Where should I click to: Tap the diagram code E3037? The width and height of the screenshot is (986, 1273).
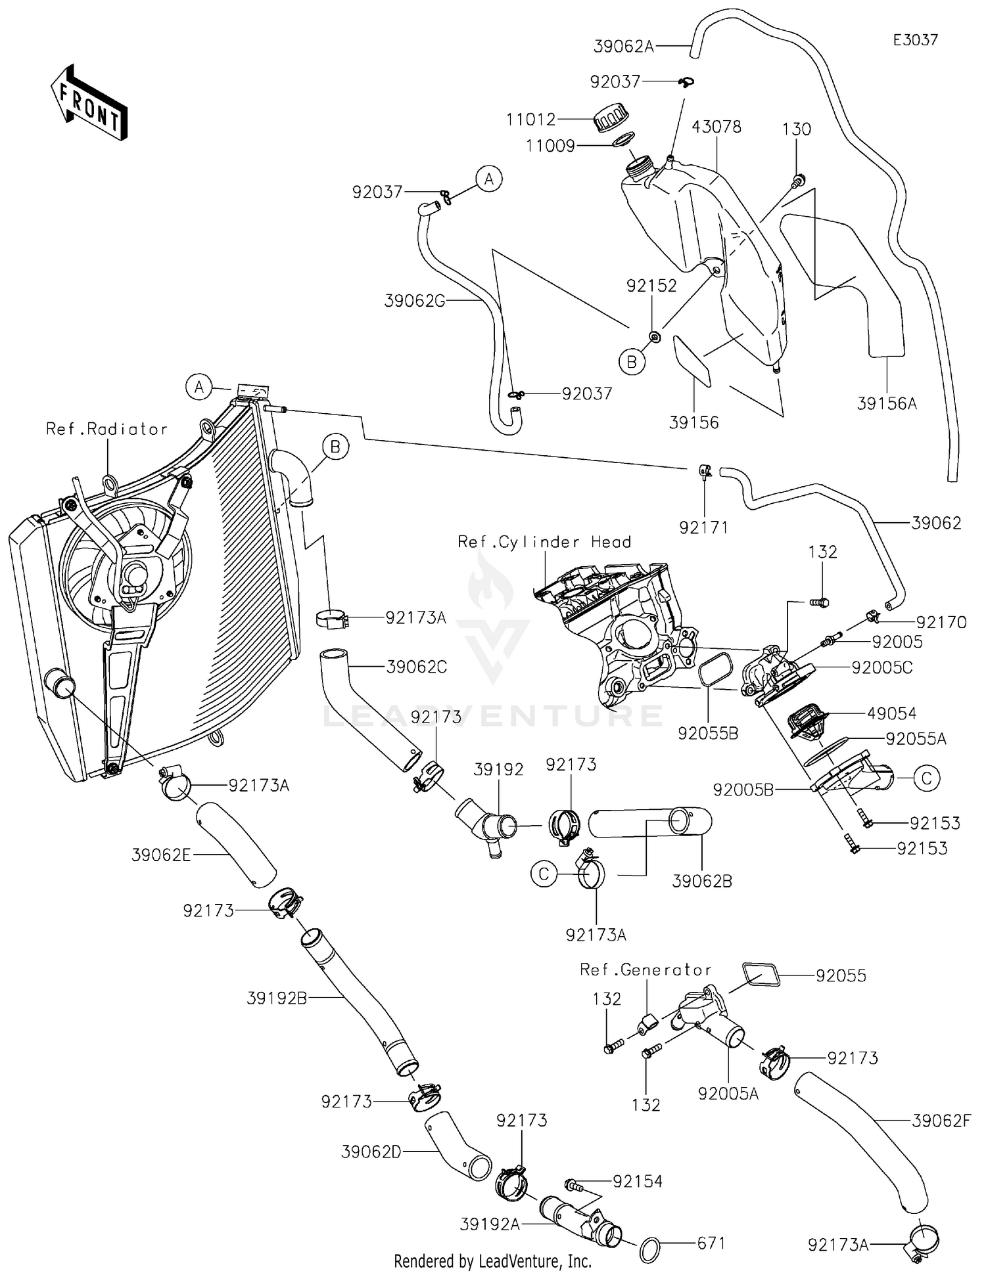tap(915, 40)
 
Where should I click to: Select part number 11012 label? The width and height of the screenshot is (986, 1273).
tap(530, 120)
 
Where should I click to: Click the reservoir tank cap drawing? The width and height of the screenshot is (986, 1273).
tap(611, 121)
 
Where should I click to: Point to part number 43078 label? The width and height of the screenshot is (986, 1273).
tap(716, 127)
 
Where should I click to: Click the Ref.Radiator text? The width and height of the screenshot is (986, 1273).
tap(107, 429)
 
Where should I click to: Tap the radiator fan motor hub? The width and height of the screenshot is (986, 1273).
tap(137, 575)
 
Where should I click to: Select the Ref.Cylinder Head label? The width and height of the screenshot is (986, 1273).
tap(544, 542)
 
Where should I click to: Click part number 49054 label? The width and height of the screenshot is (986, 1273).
tap(892, 713)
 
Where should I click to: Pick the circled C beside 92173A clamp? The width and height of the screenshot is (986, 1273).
tap(544, 874)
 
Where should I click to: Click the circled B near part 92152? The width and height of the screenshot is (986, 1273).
tap(632, 362)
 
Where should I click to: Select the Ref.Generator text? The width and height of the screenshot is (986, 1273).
tap(646, 970)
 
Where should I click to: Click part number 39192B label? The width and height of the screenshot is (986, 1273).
tap(277, 998)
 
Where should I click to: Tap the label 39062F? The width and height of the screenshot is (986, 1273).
tap(941, 1121)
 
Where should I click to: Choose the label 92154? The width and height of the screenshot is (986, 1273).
tap(638, 1181)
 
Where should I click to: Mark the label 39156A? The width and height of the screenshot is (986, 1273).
tap(887, 403)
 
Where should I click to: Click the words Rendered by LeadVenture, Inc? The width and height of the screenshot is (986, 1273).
tap(493, 1261)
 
